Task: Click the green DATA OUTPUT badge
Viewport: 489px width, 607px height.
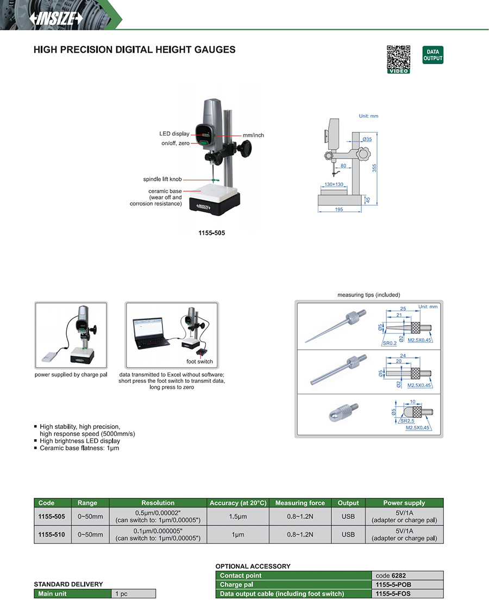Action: pyautogui.click(x=432, y=55)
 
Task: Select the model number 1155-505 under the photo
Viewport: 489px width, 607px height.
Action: pyautogui.click(x=212, y=233)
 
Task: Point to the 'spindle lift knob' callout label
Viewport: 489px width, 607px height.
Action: pyautogui.click(x=162, y=179)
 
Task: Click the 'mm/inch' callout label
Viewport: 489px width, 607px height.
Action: pyautogui.click(x=253, y=135)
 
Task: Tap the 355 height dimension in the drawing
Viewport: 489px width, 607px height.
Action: pyautogui.click(x=374, y=168)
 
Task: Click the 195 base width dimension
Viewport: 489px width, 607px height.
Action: pyautogui.click(x=339, y=210)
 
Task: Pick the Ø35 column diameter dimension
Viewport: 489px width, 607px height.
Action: pyautogui.click(x=367, y=140)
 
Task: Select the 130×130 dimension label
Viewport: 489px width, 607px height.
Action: pyautogui.click(x=333, y=185)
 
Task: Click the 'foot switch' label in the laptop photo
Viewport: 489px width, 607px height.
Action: pyautogui.click(x=199, y=362)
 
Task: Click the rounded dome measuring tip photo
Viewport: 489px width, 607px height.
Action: pyautogui.click(x=341, y=416)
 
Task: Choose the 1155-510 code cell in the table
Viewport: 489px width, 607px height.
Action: pyautogui.click(x=52, y=535)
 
